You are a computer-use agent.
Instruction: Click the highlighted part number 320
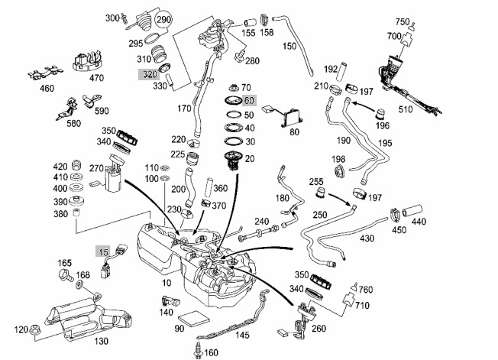click(149, 74)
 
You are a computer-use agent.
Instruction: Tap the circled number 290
click(163, 19)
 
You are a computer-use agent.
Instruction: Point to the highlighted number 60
click(249, 101)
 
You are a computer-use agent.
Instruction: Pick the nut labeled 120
click(34, 329)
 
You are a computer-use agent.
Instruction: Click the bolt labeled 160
click(198, 351)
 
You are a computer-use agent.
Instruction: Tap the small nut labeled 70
click(234, 87)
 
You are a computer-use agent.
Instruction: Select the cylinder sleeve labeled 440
click(412, 211)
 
